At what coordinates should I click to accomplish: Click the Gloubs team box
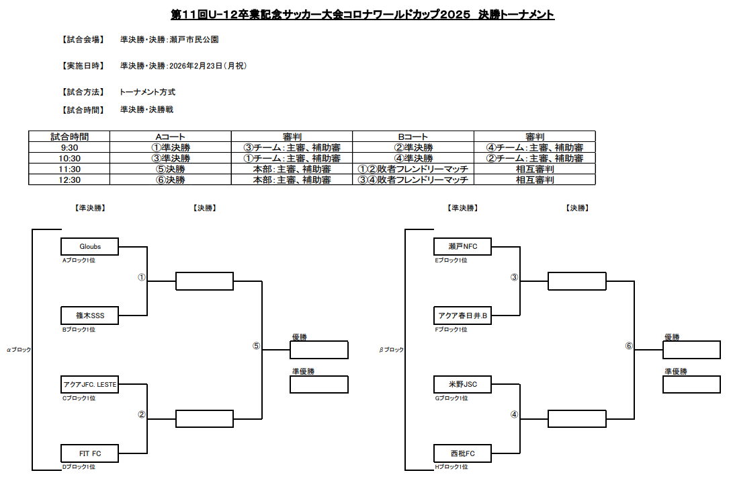tap(90, 246)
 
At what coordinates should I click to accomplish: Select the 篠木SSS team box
tap(90, 315)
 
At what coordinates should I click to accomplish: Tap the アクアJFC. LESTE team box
tap(90, 384)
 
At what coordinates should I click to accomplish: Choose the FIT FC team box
tap(90, 453)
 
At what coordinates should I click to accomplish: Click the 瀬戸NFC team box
tap(462, 246)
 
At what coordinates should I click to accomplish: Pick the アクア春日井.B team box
tap(462, 315)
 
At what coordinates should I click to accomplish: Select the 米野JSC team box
tap(462, 384)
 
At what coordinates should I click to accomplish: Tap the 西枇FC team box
tap(462, 453)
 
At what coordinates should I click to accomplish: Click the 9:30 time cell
tap(69, 147)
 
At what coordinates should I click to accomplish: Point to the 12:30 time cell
tap(69, 180)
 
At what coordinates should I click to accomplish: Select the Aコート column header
tap(170, 137)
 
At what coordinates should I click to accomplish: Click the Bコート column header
tap(413, 137)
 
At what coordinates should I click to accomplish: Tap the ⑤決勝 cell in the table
tap(170, 169)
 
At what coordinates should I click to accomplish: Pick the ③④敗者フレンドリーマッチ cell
tap(413, 180)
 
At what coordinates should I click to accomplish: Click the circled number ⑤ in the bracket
tap(255, 346)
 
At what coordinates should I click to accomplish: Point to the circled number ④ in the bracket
tap(514, 414)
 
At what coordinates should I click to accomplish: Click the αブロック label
tap(19, 350)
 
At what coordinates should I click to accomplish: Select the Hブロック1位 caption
tap(451, 466)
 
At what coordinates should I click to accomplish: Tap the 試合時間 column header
tap(69, 137)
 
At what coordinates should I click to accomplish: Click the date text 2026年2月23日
tap(195, 66)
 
